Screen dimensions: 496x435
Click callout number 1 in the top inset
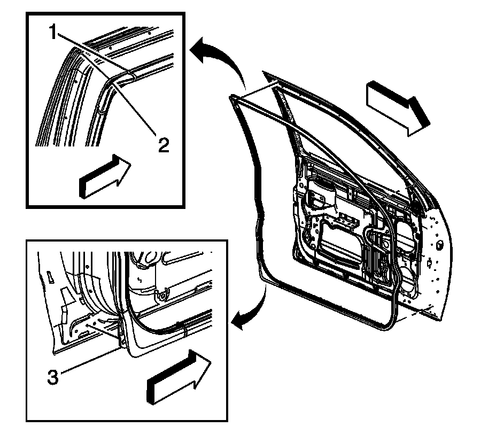(53, 32)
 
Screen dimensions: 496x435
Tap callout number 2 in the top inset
(164, 145)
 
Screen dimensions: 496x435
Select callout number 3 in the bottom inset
(53, 377)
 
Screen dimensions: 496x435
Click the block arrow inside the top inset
(105, 176)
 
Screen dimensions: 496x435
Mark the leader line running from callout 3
(89, 360)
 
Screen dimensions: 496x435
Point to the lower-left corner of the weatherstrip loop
(264, 278)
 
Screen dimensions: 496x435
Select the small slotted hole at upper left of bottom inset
(50, 277)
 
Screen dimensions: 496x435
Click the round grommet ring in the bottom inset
(162, 296)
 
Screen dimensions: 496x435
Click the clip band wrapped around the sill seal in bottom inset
(185, 330)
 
